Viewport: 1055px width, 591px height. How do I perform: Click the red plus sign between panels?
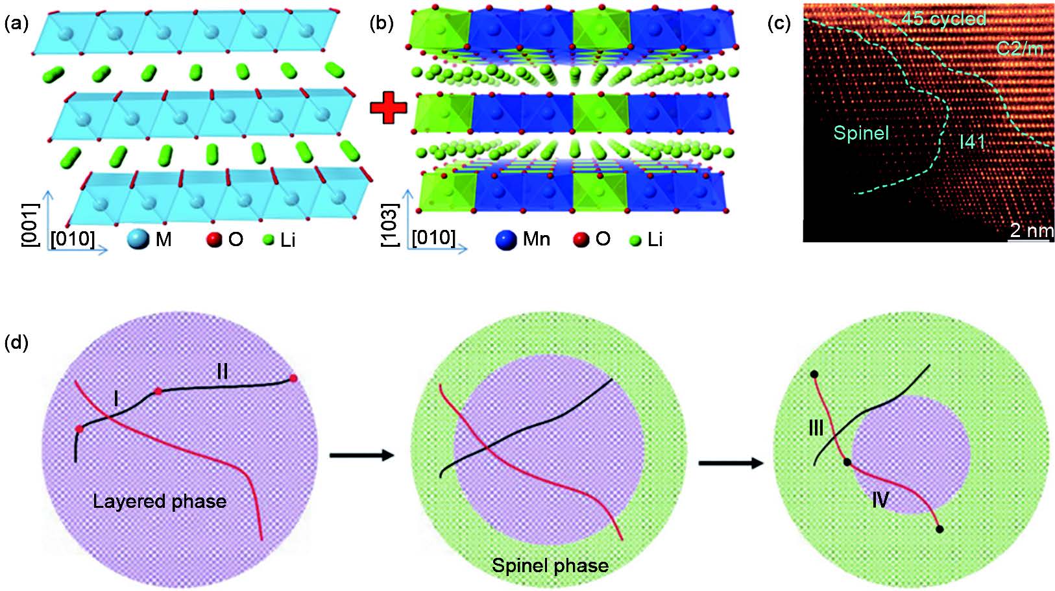click(388, 108)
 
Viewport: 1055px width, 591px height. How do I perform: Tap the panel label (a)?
click(16, 24)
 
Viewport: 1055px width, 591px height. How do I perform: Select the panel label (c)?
click(779, 24)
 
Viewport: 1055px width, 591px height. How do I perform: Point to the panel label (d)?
click(16, 342)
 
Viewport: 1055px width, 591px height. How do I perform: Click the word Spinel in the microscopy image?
click(861, 134)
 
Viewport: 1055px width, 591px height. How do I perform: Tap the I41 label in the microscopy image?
click(972, 141)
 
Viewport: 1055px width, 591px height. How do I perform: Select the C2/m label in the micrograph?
click(1019, 48)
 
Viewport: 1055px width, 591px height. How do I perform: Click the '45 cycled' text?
click(943, 19)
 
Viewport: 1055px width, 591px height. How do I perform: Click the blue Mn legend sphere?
click(507, 239)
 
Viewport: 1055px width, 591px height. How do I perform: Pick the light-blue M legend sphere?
click(139, 239)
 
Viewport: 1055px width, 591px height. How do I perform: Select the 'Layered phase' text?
click(160, 501)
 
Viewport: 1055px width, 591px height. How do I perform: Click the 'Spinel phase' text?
click(550, 565)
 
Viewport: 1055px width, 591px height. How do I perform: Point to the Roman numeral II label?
click(222, 371)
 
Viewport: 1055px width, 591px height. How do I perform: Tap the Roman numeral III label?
click(816, 428)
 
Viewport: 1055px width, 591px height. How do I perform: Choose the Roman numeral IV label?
click(879, 499)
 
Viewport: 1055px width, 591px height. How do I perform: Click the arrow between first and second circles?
click(361, 455)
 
